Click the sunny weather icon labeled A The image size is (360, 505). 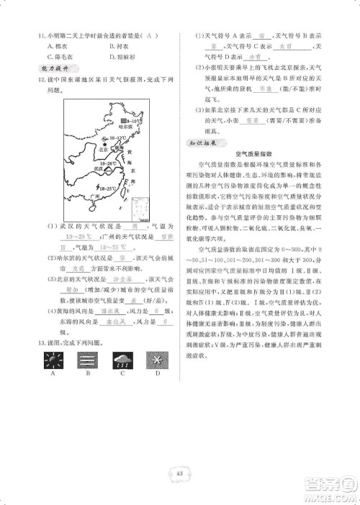53,358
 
